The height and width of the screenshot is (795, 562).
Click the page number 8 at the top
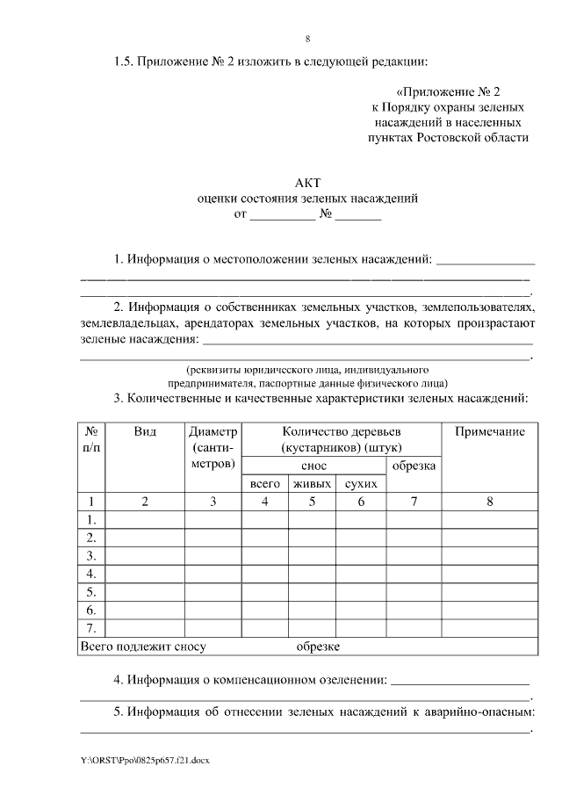307,39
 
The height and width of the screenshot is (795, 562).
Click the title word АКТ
307,183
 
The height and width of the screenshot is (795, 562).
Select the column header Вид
145,431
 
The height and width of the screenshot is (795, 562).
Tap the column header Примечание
489,431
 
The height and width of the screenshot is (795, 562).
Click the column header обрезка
414,466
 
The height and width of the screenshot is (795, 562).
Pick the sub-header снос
313,466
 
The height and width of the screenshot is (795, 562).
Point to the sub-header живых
312,484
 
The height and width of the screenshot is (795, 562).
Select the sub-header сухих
360,484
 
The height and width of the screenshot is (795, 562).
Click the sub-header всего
264,484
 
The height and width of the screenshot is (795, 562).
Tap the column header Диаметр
213,431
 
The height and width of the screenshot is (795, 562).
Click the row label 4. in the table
90,574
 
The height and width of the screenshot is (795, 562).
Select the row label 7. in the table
90,627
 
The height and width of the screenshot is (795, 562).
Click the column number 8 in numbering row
489,502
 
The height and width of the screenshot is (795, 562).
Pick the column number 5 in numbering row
312,502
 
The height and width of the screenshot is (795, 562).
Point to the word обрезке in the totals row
318,647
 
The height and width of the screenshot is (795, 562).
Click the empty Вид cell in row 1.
145,520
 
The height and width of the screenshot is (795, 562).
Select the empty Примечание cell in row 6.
489,609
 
